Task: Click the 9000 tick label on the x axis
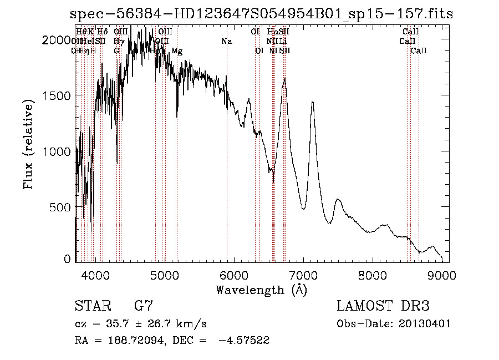pos(442,274)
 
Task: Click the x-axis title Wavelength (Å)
pos(262,290)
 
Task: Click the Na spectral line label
pos(226,42)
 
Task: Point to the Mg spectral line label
pos(177,51)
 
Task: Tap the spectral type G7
pos(144,306)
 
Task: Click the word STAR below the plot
pos(91,306)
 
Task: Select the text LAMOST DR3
pos(383,306)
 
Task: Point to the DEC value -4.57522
pos(244,341)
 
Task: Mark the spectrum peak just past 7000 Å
pos(313,102)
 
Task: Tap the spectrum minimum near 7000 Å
pos(303,209)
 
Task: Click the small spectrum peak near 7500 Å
pos(338,199)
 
